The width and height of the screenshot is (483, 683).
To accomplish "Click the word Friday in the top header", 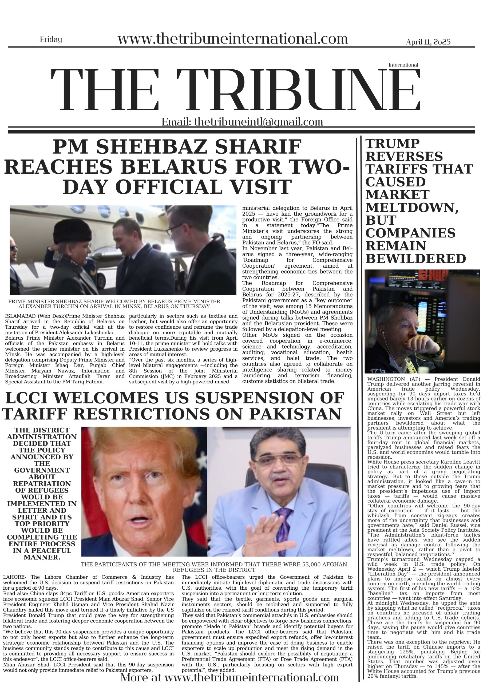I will click(51, 39).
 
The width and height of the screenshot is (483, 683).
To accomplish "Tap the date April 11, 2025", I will click(428, 42).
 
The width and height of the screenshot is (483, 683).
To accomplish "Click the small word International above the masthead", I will click(403, 65).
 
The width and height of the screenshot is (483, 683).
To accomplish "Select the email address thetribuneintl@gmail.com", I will click(258, 122).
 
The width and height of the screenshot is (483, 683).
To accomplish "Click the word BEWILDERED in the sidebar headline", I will click(415, 259).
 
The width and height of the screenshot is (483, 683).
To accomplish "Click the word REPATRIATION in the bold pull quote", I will click(42, 483).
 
